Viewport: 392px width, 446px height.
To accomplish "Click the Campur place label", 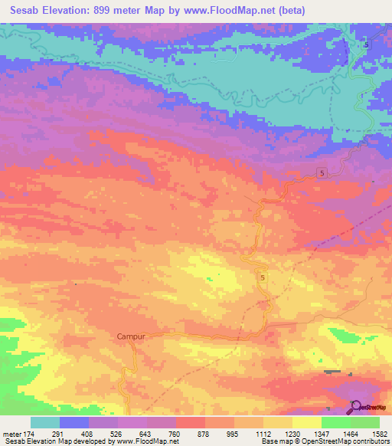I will click(131, 336).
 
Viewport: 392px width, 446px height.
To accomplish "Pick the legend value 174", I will click(28, 433).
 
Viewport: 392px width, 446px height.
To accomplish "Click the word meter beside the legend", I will click(11, 433).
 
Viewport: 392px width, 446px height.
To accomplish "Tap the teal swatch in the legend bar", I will click(44, 422).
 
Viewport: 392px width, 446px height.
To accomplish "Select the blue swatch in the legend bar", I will click(73, 422).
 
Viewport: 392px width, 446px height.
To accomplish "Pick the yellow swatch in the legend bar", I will click(306, 422).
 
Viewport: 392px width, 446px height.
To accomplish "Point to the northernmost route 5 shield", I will click(366, 45).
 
